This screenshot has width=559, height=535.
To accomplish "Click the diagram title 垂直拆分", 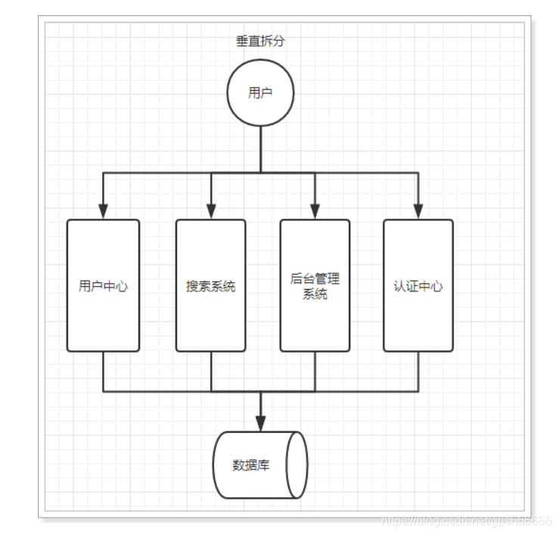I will coord(260,41).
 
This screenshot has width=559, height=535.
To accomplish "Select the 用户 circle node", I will coord(260,93).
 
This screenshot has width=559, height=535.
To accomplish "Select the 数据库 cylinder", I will coord(260,464).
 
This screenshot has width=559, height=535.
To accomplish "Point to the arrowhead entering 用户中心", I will coord(103,211).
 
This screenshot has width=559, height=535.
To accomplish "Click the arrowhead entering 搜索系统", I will coord(211,211).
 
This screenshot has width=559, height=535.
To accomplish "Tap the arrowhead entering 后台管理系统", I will coord(315,211).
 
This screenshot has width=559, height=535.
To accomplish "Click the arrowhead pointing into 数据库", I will coord(260,422).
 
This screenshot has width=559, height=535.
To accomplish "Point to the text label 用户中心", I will coord(103,286).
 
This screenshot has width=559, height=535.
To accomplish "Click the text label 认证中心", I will coord(418,286).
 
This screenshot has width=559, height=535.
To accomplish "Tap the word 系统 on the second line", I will coord(315,294).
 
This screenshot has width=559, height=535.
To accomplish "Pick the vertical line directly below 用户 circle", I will coord(260,148).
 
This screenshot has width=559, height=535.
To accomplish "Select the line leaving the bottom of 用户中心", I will coord(103,372).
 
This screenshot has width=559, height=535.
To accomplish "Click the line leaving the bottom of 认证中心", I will coord(418,372).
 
